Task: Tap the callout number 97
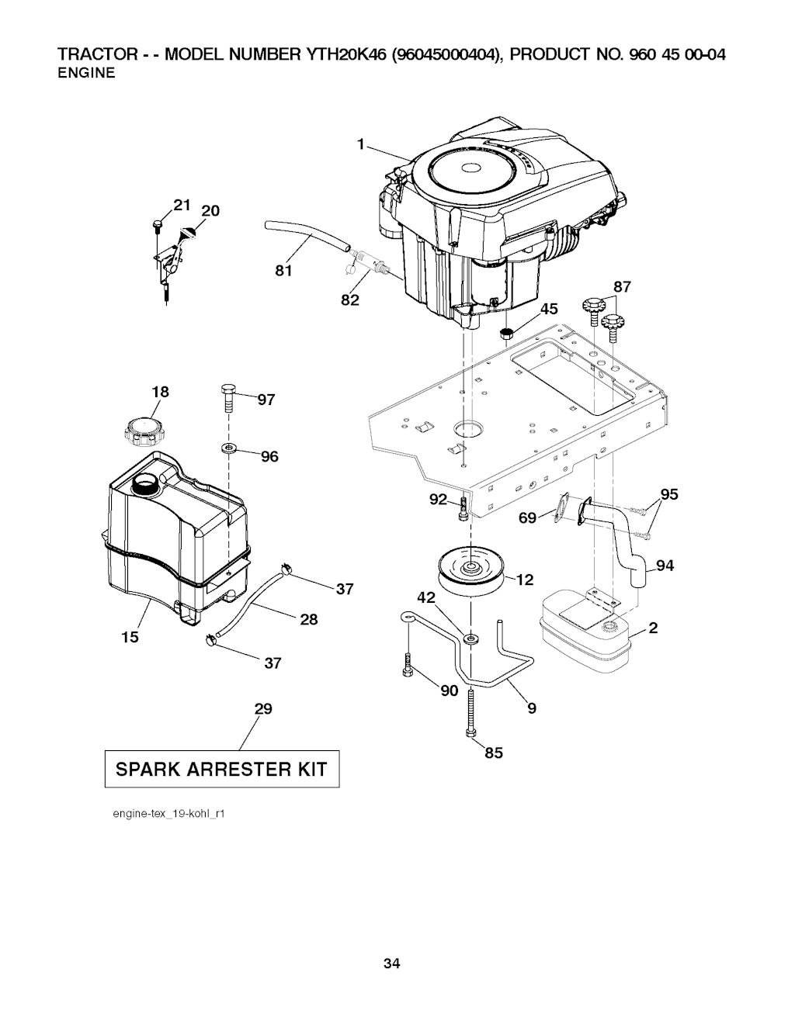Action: (266, 400)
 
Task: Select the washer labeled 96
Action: (228, 448)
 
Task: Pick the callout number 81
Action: (283, 271)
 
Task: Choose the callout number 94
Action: (665, 566)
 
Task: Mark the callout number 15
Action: (130, 636)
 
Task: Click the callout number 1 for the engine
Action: (361, 143)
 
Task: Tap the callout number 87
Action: (622, 287)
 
